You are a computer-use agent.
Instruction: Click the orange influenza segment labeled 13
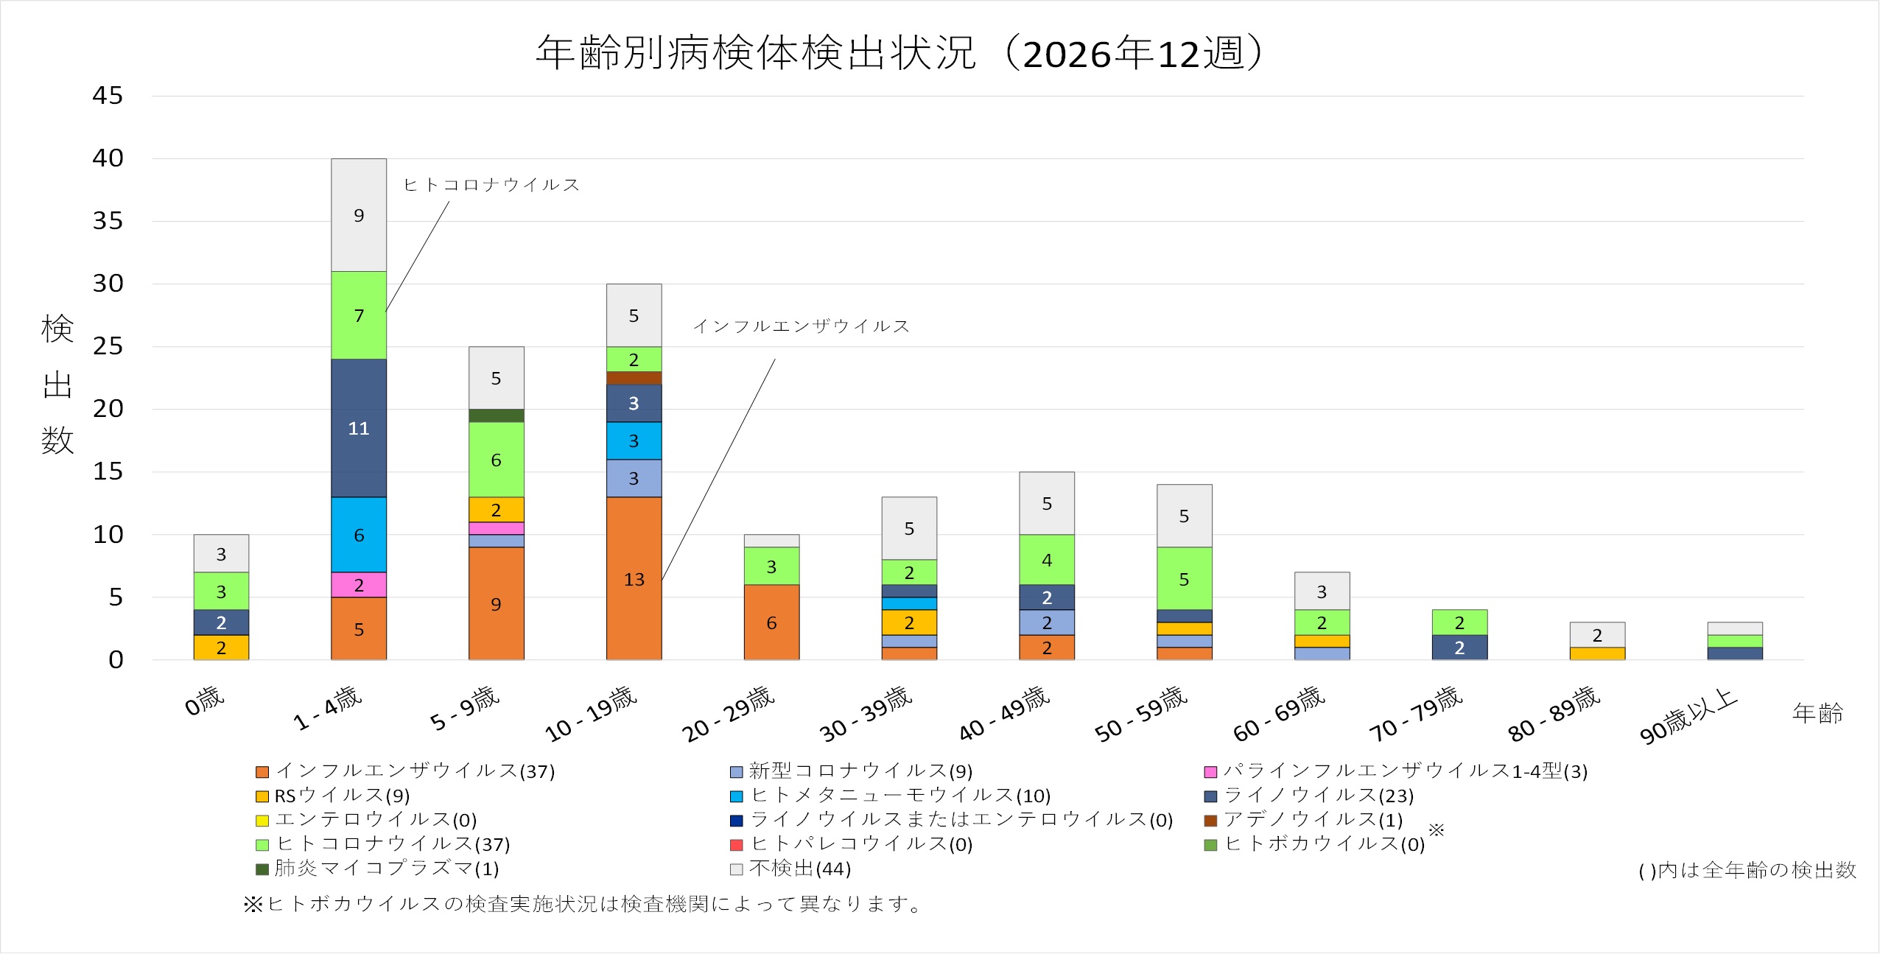[x=634, y=578]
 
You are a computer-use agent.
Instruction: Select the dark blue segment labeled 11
[x=358, y=428]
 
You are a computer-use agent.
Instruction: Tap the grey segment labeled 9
[x=358, y=215]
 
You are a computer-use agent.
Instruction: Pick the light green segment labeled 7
[x=358, y=315]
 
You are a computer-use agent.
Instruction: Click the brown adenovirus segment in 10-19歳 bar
[x=634, y=378]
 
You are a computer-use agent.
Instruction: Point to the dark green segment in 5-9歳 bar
[x=496, y=415]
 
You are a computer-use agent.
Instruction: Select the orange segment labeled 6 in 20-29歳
[x=771, y=622]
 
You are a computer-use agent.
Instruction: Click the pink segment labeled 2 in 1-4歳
[x=358, y=585]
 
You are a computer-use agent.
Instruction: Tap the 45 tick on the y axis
[x=108, y=96]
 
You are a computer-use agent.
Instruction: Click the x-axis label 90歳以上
[x=1687, y=716]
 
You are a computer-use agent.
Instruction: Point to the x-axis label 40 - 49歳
[x=1003, y=713]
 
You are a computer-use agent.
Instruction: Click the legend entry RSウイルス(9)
[x=342, y=796]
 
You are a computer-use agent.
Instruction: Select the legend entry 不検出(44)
[x=799, y=869]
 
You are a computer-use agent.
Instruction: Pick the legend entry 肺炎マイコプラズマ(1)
[x=386, y=869]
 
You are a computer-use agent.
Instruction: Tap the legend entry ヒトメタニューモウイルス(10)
[x=899, y=796]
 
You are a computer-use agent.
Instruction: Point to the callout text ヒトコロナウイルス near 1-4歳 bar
[x=491, y=184]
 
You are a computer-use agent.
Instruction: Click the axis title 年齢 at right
[x=1817, y=713]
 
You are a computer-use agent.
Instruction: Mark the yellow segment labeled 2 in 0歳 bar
[x=221, y=648]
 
